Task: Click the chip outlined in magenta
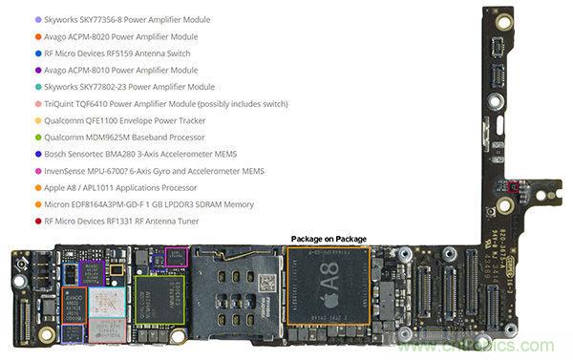click(177, 256)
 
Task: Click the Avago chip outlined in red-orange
click(74, 305)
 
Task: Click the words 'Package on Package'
click(329, 239)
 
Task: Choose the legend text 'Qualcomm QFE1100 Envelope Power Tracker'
click(125, 121)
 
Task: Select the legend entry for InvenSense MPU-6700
click(135, 171)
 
